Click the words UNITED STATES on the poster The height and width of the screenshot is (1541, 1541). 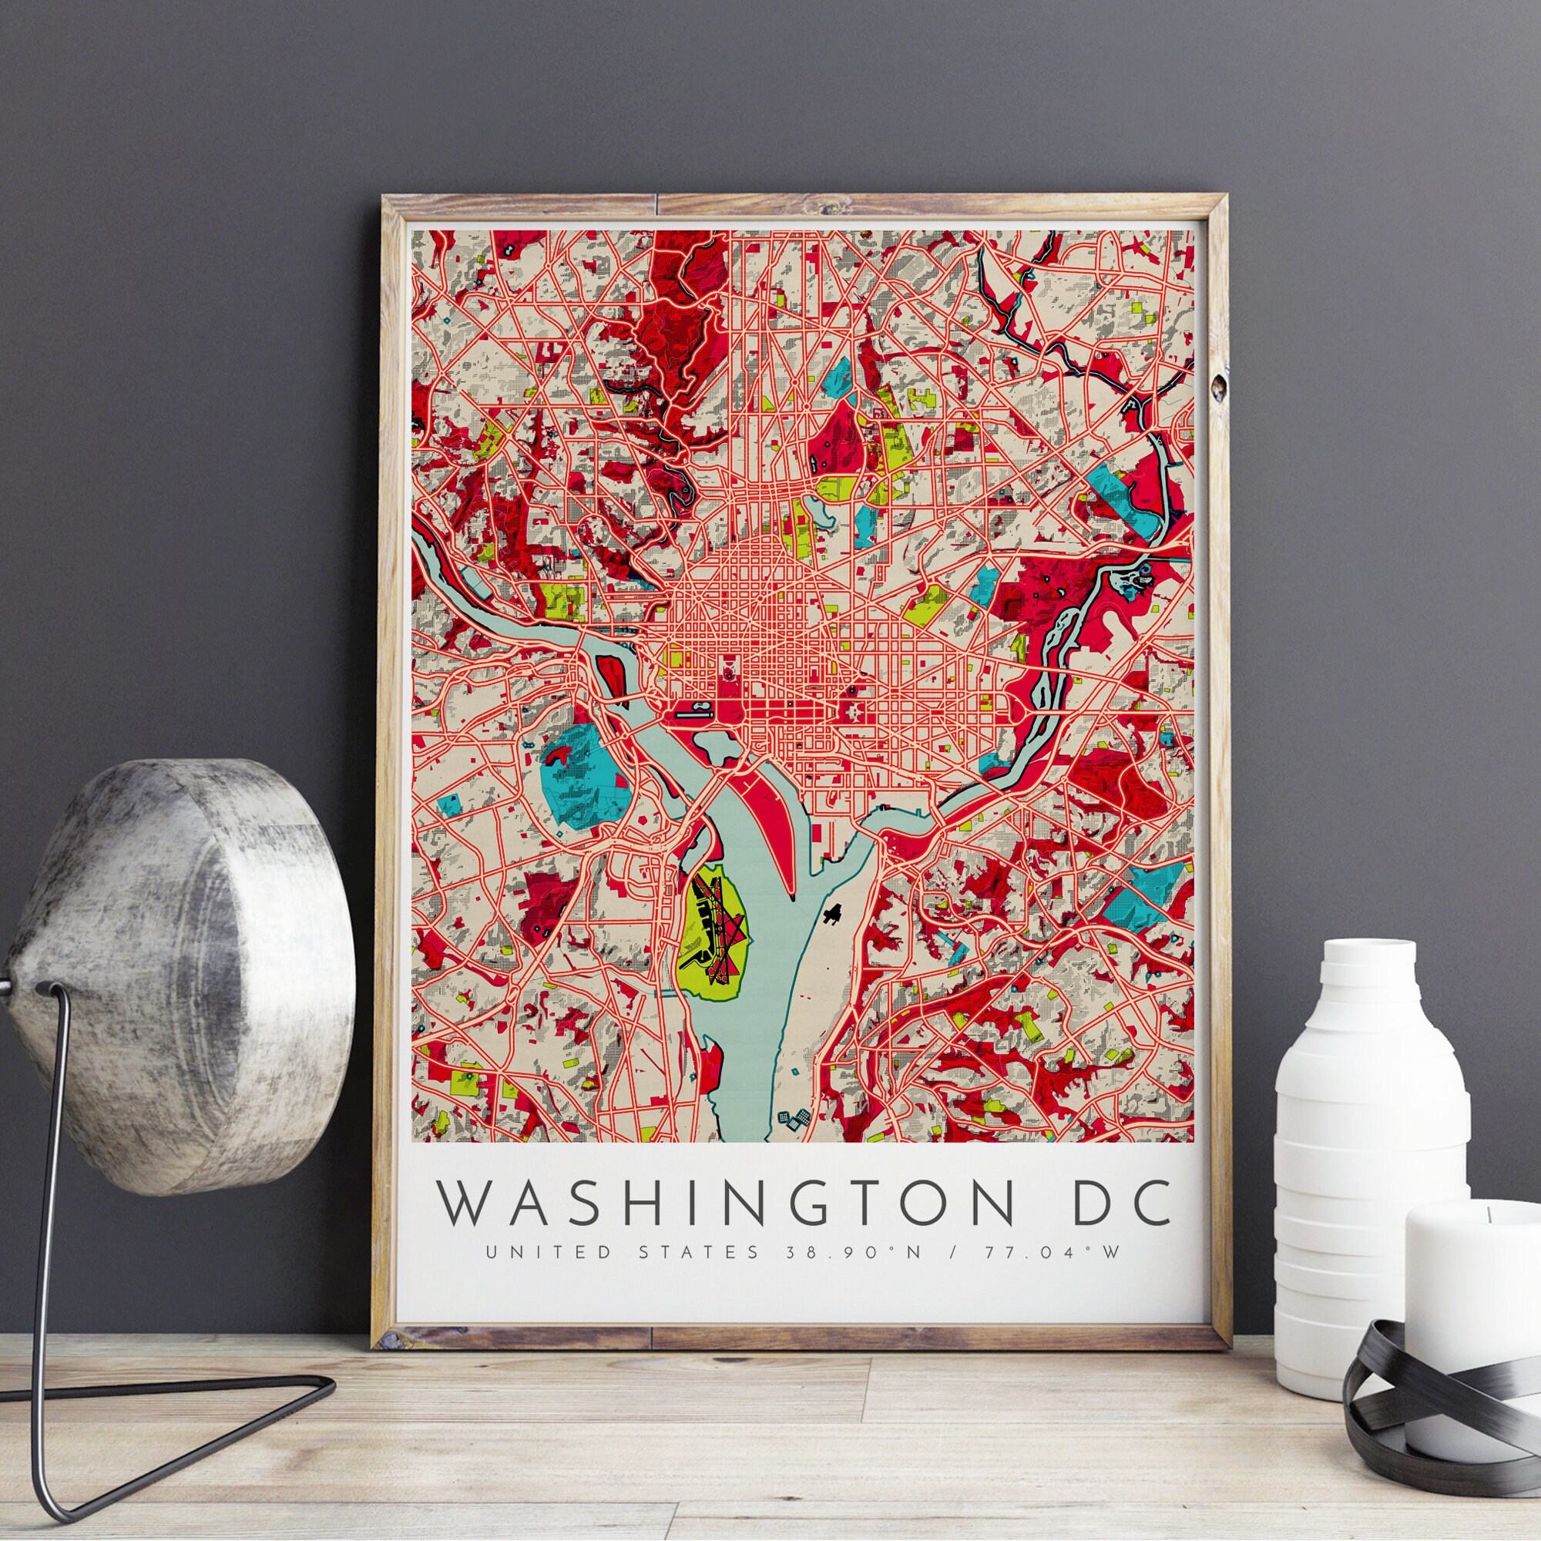[621, 1251]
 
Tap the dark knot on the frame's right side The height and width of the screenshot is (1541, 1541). [1218, 388]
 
